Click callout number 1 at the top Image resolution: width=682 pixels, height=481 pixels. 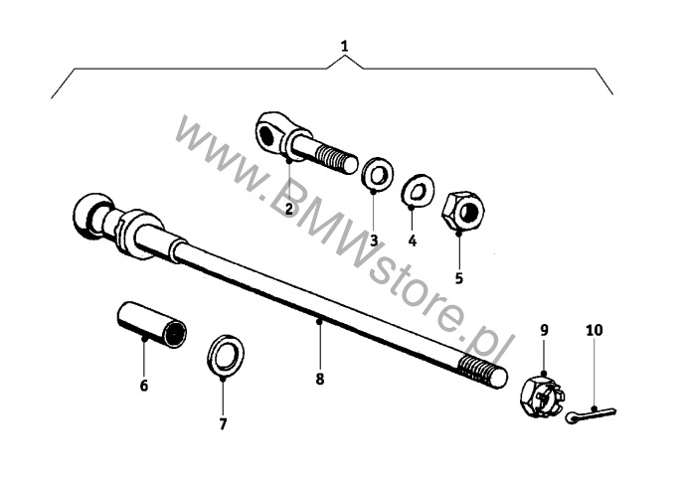(x=344, y=46)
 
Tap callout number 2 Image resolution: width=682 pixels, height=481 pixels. (x=288, y=208)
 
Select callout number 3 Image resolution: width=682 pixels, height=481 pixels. (x=374, y=240)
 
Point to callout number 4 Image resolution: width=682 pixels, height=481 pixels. (x=413, y=240)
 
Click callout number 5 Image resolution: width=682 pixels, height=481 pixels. (x=458, y=278)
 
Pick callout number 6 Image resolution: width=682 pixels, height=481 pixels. (x=143, y=385)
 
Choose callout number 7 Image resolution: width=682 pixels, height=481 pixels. (x=223, y=423)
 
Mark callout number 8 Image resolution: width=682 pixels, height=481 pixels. (x=320, y=378)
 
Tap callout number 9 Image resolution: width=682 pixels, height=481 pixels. (x=544, y=329)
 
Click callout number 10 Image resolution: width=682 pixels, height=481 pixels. (x=594, y=329)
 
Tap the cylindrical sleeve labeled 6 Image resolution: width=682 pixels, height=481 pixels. (x=149, y=324)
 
